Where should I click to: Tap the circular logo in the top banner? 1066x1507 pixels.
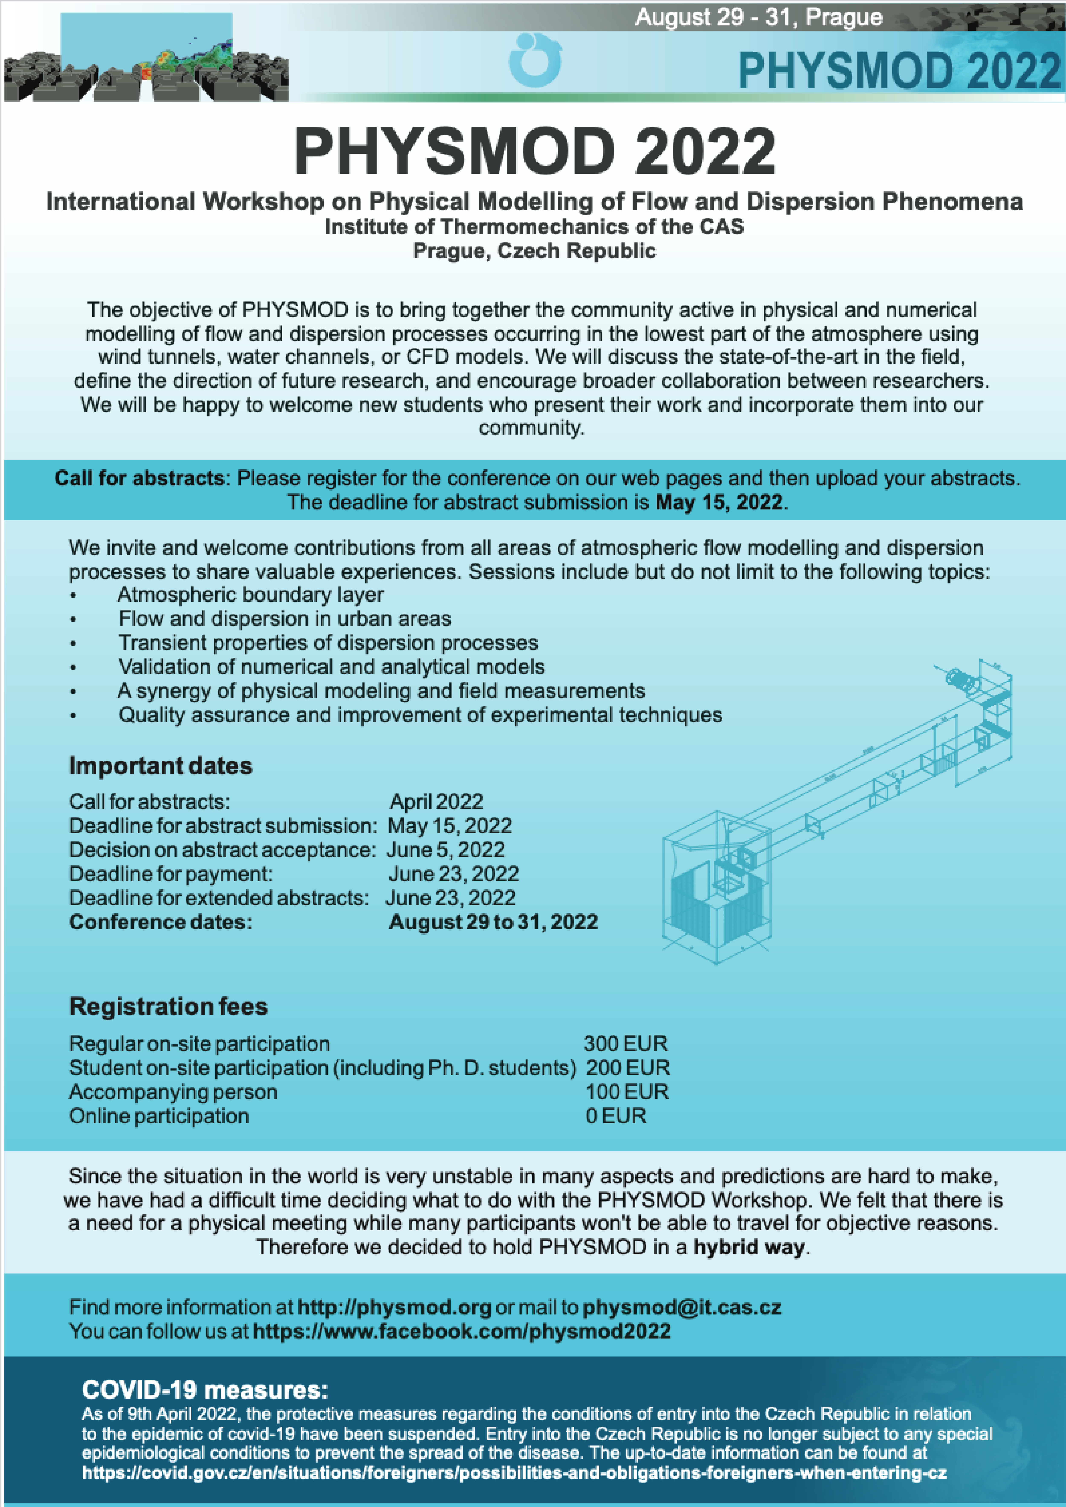tap(535, 60)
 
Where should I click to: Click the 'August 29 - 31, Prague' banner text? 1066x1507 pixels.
tap(758, 17)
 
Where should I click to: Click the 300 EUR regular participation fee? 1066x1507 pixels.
tap(626, 1044)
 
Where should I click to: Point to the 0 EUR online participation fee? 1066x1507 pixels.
tap(616, 1116)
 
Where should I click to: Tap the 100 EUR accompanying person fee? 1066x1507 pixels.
tap(627, 1092)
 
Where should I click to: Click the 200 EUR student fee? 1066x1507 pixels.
tap(627, 1068)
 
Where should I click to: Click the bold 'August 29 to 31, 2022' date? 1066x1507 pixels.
tap(493, 922)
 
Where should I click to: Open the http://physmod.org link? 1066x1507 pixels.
tap(394, 1307)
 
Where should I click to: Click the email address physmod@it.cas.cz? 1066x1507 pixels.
tap(682, 1307)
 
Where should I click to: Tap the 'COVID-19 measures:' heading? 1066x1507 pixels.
tap(205, 1390)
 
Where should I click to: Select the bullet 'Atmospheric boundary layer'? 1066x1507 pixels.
tap(250, 595)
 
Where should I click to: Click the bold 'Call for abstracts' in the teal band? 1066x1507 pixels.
tap(139, 478)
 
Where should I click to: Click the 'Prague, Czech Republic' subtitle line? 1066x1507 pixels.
tap(534, 251)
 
